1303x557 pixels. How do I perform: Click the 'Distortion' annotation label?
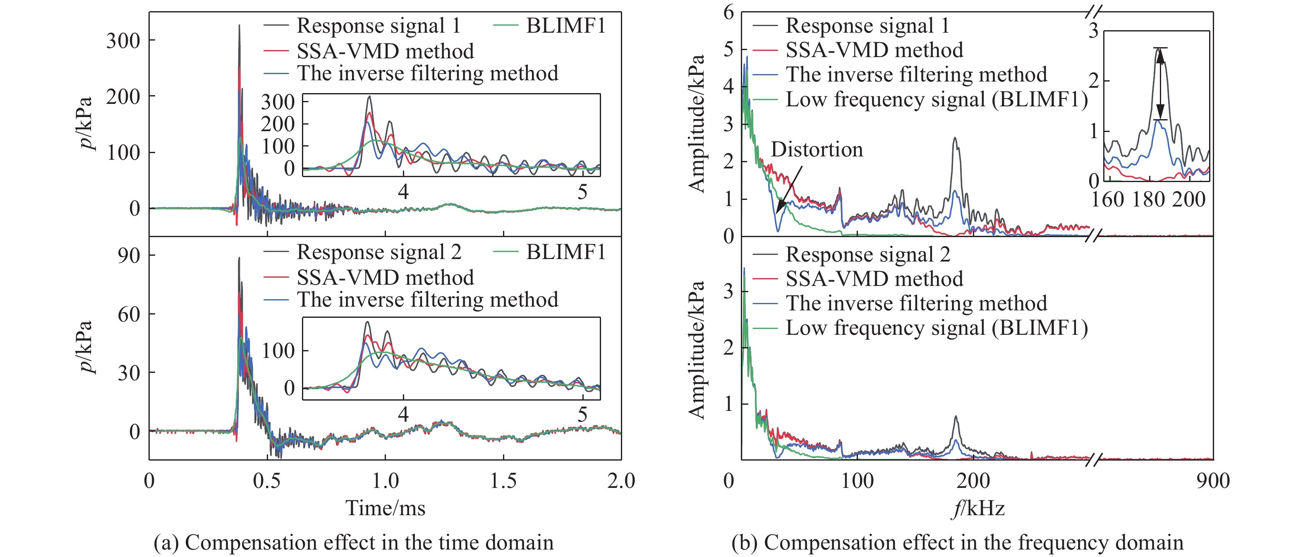(817, 150)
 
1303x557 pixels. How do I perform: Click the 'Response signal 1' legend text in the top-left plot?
(378, 26)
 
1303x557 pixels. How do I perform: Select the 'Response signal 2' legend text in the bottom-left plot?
(379, 252)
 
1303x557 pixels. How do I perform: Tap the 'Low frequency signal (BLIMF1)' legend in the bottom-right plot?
(936, 328)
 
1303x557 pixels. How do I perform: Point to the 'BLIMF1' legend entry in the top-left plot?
(565, 26)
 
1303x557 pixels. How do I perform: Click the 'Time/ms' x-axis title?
(385, 508)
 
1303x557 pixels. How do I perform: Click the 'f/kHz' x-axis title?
(977, 508)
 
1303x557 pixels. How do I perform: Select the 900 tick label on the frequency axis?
(1212, 480)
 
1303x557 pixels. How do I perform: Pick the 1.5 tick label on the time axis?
(503, 480)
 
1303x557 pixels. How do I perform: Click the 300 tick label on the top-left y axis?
(123, 41)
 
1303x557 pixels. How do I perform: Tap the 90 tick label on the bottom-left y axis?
(129, 255)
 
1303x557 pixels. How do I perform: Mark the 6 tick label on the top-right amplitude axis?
(728, 12)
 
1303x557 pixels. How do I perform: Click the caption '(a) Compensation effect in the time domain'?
(353, 543)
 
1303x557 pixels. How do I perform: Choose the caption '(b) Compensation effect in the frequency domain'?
(957, 543)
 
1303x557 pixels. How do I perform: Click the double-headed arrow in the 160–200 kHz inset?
(1160, 84)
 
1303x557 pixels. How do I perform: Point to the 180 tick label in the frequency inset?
(1148, 200)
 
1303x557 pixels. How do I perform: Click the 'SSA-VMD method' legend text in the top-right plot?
(874, 50)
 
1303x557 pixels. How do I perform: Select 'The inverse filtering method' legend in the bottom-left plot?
(427, 300)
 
